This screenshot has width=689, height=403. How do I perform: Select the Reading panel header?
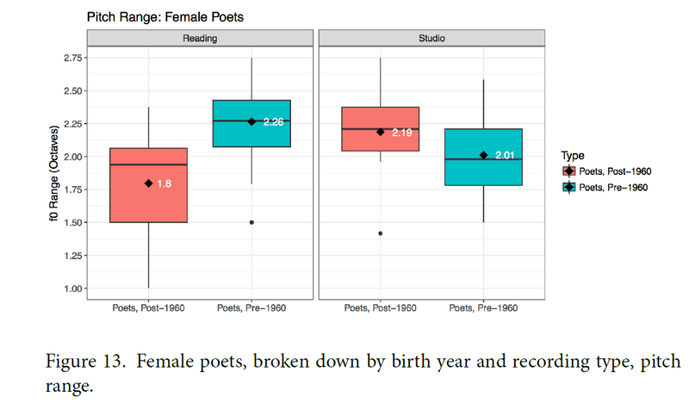199,38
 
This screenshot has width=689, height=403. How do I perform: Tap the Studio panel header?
431,38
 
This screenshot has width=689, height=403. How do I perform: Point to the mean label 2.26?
273,122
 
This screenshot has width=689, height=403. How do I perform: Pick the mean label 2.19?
402,133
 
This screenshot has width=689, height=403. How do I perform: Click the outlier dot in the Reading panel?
251,222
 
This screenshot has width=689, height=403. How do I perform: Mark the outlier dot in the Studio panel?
380,233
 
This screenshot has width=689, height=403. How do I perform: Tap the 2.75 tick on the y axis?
71,58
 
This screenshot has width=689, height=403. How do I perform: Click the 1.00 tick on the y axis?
71,288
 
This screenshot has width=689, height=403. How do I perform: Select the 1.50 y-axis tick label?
71,222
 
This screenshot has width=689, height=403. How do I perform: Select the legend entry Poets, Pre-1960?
613,187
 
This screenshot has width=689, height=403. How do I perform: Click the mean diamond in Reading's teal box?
251,121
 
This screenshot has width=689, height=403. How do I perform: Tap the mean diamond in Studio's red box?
380,132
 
